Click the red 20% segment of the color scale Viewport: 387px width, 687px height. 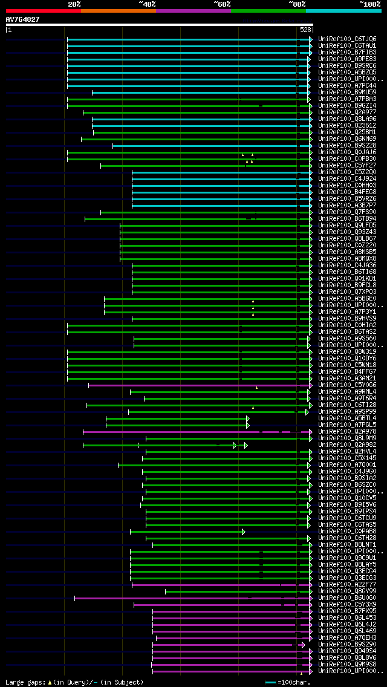(x=43, y=10)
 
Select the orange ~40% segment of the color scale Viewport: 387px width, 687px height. (x=118, y=10)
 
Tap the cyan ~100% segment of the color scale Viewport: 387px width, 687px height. (x=343, y=10)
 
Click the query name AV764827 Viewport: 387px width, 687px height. (x=22, y=19)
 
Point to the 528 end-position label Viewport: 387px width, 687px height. (x=305, y=30)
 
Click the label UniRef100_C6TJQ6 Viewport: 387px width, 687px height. (x=347, y=39)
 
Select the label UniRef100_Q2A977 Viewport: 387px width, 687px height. (x=347, y=112)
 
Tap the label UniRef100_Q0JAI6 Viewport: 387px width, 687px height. (x=347, y=152)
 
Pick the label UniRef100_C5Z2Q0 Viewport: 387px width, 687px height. (x=347, y=172)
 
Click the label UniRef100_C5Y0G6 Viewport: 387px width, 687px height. (x=347, y=385)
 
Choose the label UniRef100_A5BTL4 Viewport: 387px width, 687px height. (x=347, y=418)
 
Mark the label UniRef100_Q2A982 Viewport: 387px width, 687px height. (x=347, y=444)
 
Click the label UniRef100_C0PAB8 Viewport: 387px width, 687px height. (x=347, y=532)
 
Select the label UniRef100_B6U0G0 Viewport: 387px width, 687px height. (x=347, y=598)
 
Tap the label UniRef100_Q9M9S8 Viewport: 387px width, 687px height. (x=347, y=664)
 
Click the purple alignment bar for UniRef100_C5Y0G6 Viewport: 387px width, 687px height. (x=193, y=385)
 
